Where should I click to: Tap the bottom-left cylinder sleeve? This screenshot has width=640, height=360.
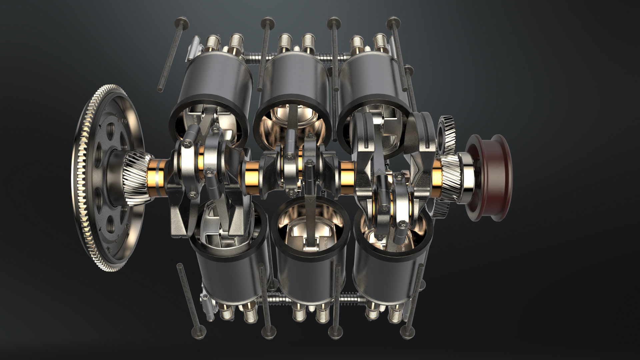point(230,273)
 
